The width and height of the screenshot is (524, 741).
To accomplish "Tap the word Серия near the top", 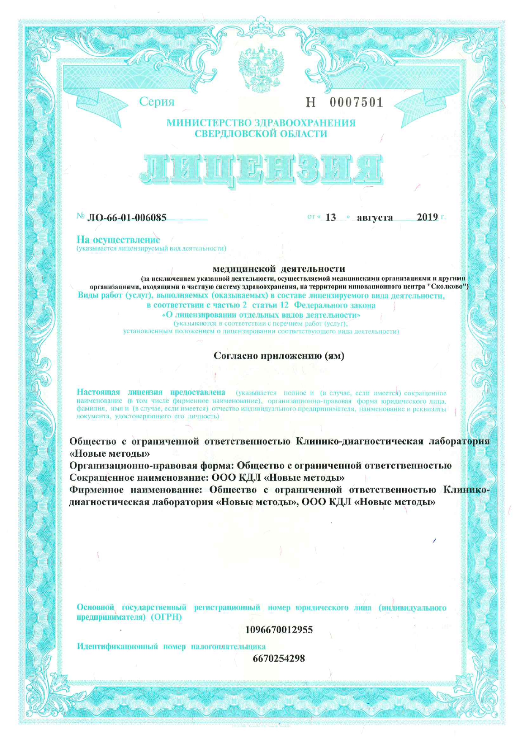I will point(157,102).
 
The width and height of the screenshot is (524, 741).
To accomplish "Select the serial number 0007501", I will point(356,102).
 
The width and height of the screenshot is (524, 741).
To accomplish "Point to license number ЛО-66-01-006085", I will point(127,218).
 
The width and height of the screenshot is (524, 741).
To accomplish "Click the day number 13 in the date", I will point(331,218).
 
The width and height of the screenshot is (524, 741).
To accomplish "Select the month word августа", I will point(375,218).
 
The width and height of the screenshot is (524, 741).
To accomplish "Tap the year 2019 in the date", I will point(427,217).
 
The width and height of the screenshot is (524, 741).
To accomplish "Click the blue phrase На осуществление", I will point(118,240).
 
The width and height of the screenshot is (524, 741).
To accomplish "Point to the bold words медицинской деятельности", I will point(279,269).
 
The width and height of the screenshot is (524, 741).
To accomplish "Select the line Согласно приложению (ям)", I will point(279,356).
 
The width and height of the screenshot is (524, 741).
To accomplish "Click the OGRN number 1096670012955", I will point(279,630).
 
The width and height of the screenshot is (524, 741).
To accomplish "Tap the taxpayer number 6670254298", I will point(279,659).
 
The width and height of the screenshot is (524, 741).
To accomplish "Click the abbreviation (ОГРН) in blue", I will point(166,617).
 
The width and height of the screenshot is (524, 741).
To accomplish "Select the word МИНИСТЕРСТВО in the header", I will point(209,123).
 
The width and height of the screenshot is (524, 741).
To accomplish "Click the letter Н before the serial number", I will point(311,102).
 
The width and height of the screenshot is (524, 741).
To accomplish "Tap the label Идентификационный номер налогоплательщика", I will point(171,646).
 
